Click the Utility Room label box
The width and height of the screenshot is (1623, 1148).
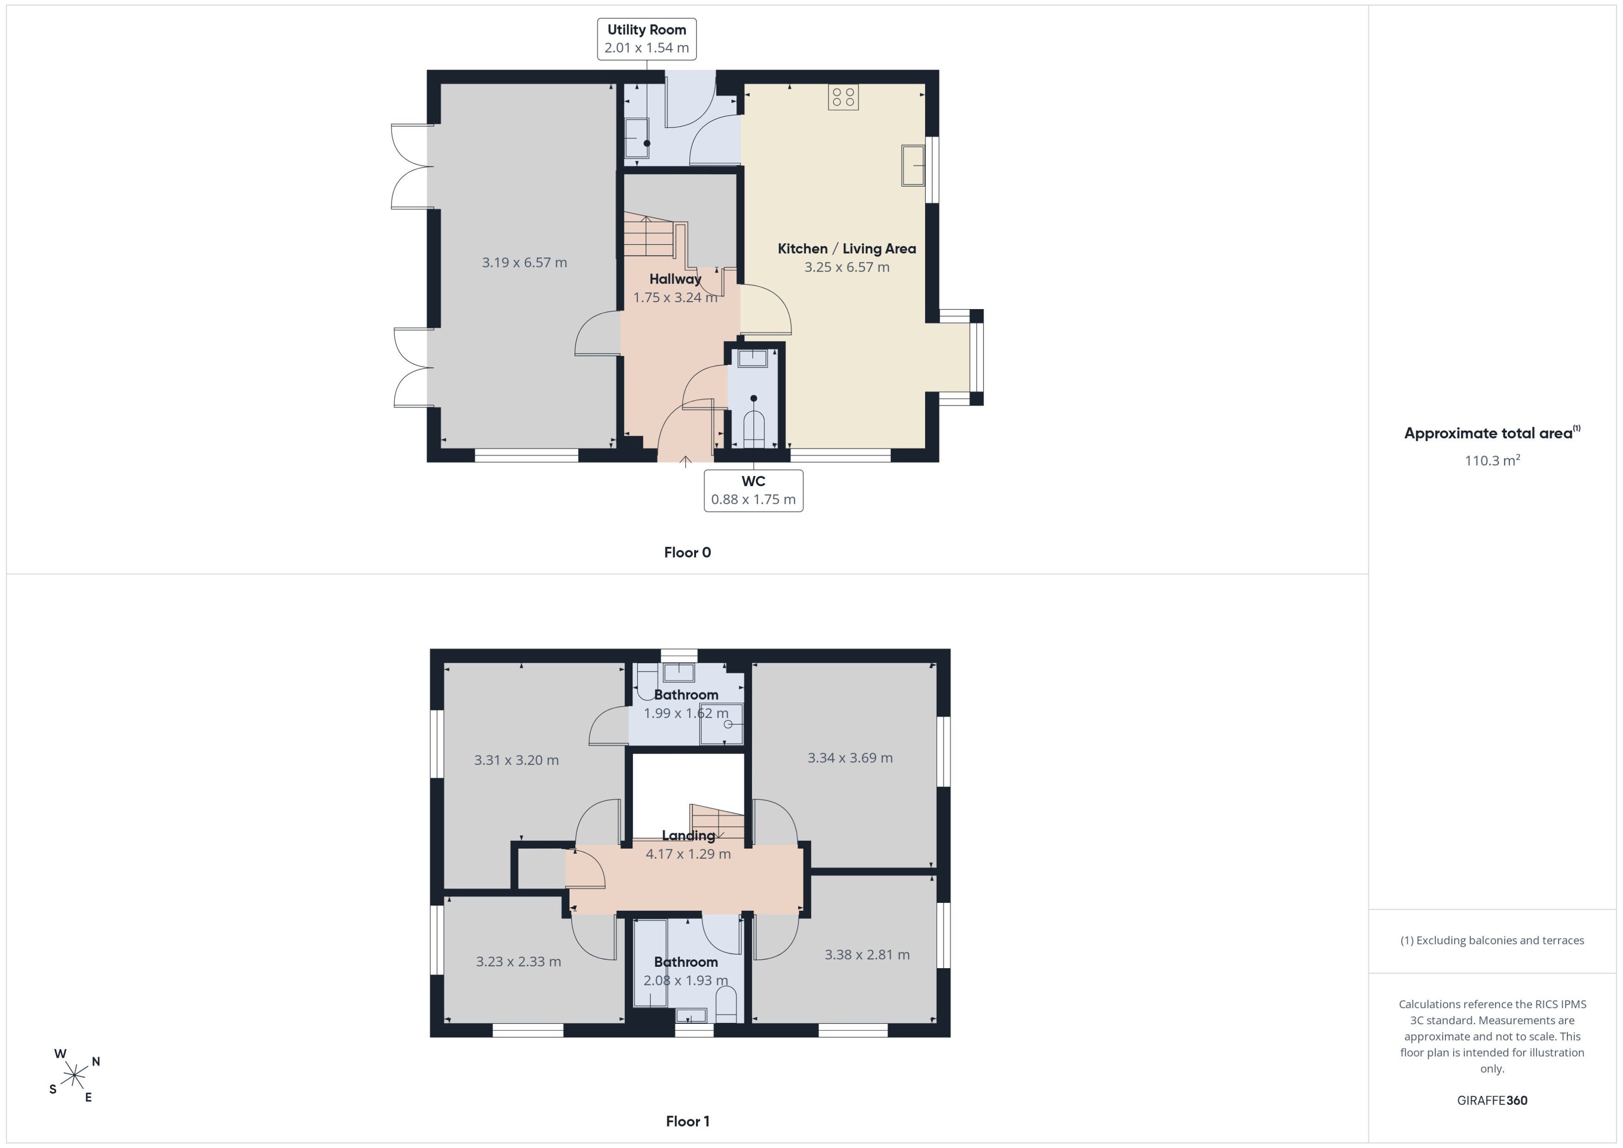(646, 39)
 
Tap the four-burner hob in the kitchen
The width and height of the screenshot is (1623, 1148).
(843, 97)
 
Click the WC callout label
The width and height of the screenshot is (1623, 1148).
(753, 490)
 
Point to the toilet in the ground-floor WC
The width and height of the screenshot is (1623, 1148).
(754, 428)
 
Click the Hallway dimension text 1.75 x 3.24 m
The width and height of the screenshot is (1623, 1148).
(675, 298)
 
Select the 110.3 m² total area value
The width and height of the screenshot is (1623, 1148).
(1492, 460)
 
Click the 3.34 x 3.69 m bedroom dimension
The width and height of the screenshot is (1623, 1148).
(850, 758)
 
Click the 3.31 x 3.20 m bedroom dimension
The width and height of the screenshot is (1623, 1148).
(516, 760)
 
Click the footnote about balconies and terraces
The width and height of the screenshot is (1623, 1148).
(1492, 940)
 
